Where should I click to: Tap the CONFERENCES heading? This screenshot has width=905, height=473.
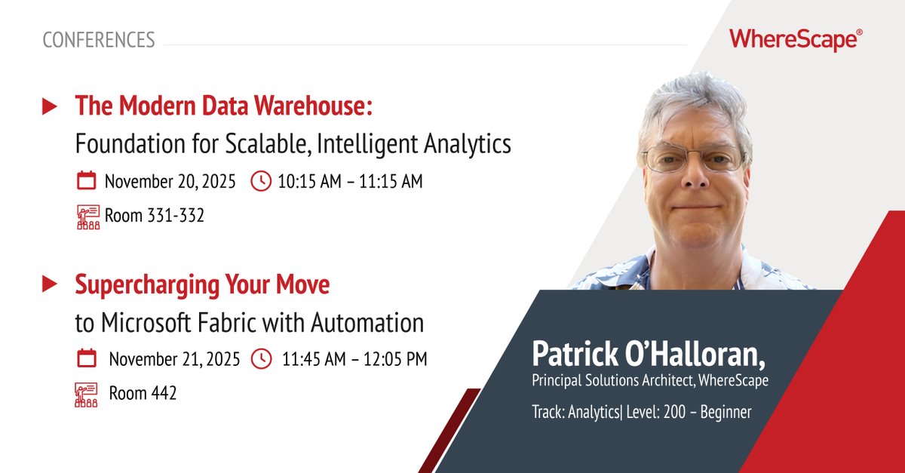[x=99, y=40]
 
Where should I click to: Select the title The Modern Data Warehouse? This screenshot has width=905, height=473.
[x=223, y=107]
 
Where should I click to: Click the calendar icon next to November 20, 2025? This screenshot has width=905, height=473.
[x=87, y=181]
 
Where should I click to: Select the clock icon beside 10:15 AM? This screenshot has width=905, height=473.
[x=260, y=181]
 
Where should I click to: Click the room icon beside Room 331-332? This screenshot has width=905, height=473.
[x=88, y=216]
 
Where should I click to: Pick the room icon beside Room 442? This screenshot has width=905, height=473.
[x=87, y=394]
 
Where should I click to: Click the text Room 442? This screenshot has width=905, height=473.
[x=143, y=393]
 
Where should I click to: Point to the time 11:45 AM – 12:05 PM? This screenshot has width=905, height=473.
[x=354, y=359]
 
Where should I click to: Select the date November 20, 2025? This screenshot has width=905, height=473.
[x=170, y=181]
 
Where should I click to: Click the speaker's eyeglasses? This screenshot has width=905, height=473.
[x=692, y=158]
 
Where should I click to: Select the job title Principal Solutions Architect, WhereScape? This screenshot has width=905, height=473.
[x=650, y=381]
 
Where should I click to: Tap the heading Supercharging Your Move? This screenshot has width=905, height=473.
[x=202, y=285]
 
